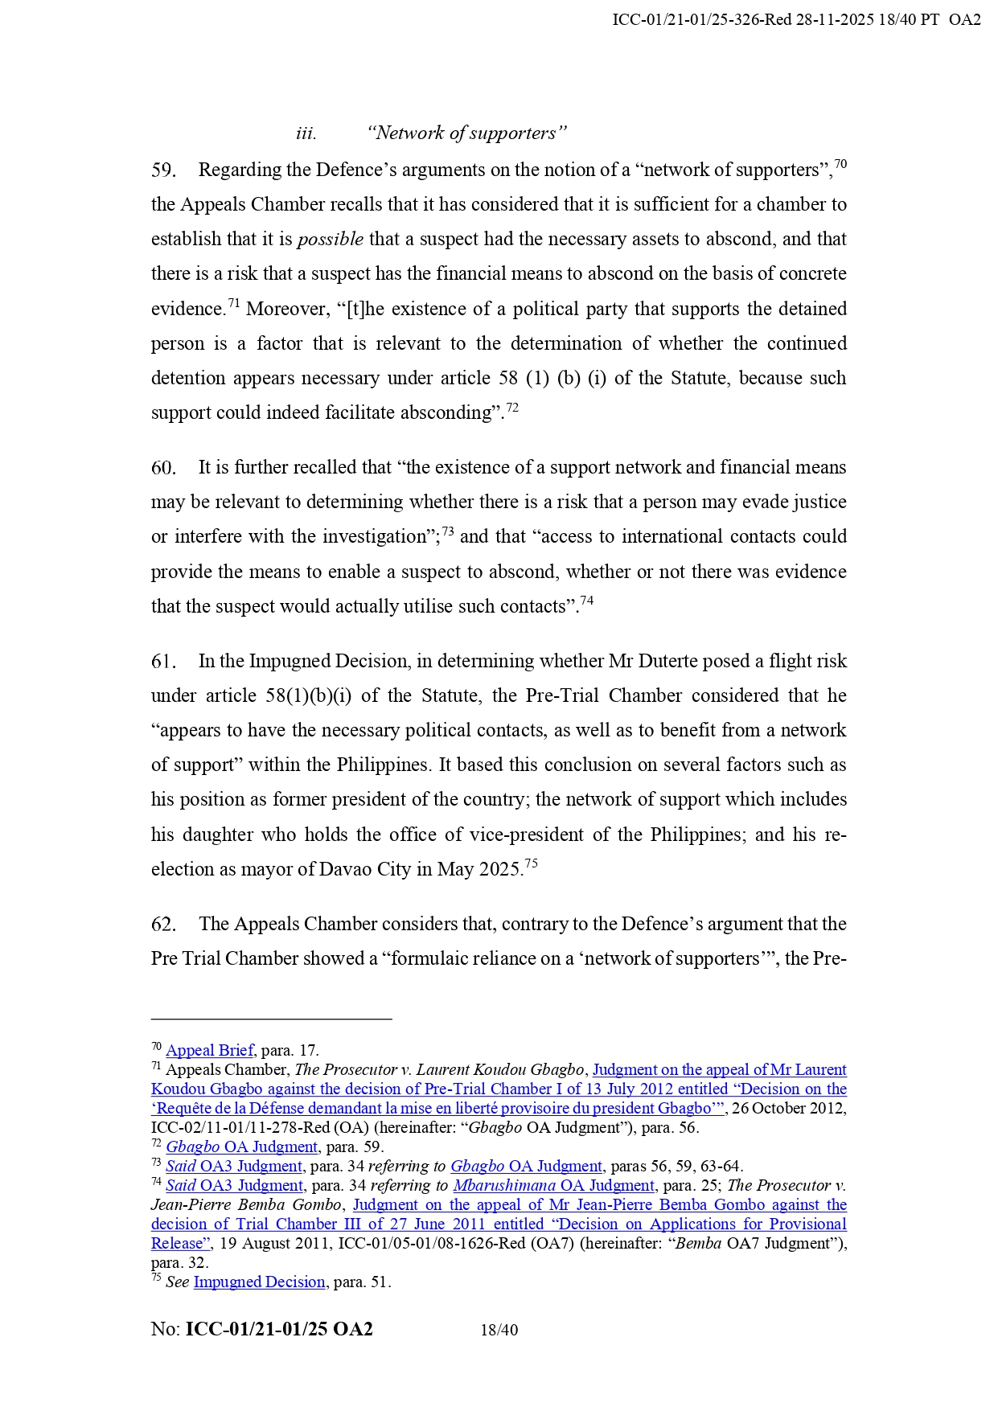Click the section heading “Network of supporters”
(x=466, y=133)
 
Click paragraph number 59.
(x=163, y=170)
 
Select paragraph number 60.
(x=163, y=468)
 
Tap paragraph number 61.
(x=163, y=662)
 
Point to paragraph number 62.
(x=163, y=925)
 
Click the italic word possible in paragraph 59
(x=331, y=240)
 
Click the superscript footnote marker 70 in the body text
(x=840, y=165)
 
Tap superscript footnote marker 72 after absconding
(x=512, y=408)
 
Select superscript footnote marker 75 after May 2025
(x=531, y=864)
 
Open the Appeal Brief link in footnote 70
(x=210, y=1050)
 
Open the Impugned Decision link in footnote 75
(x=259, y=1282)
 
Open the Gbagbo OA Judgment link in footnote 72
(x=242, y=1147)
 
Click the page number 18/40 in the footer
(x=499, y=1331)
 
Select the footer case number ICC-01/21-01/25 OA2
(x=279, y=1330)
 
